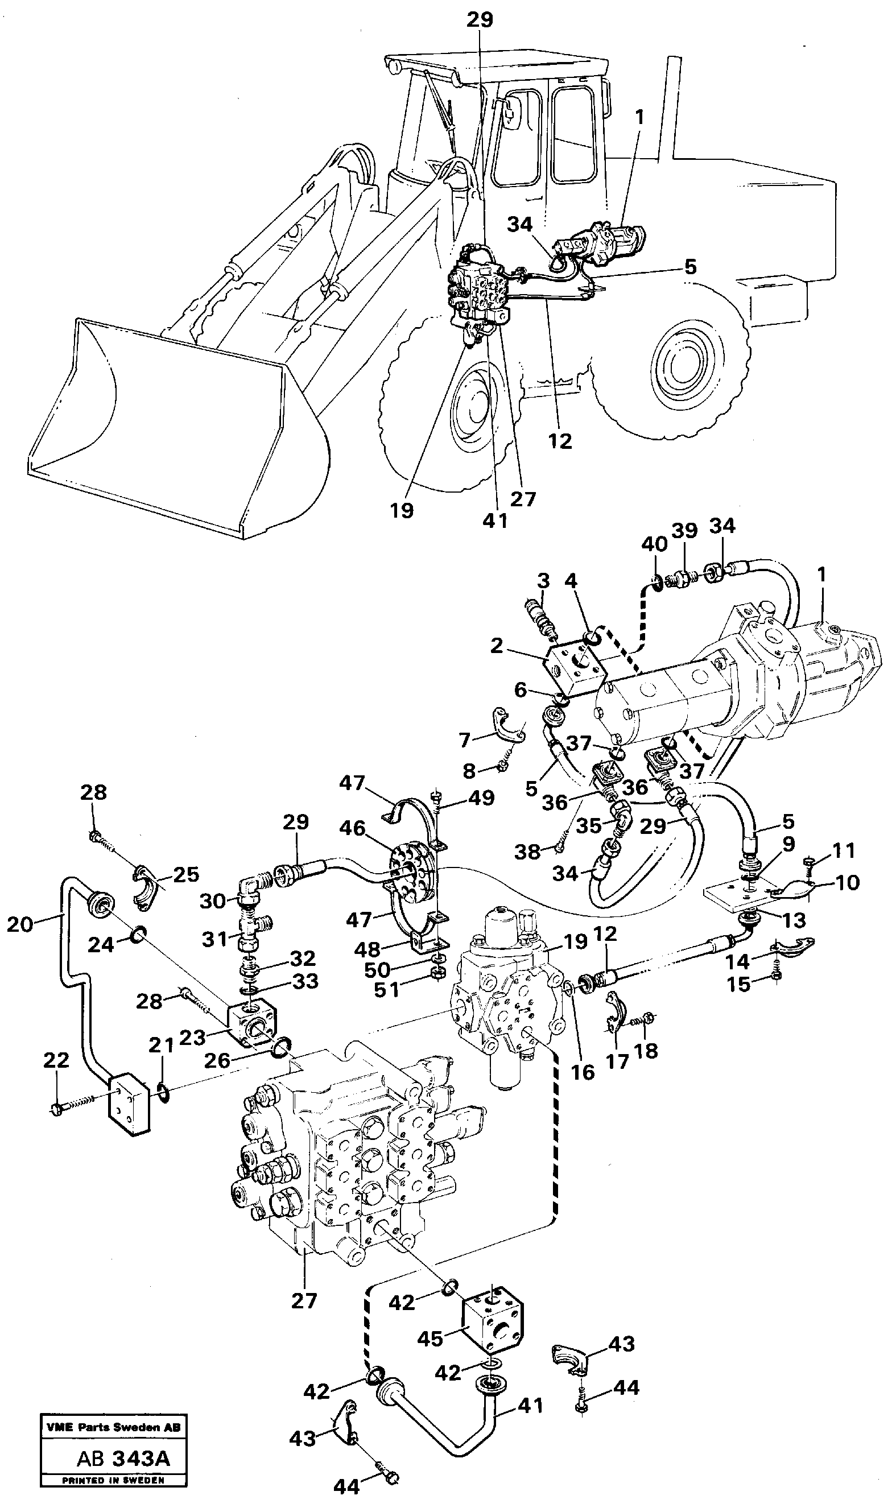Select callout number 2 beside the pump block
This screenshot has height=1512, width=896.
point(496,645)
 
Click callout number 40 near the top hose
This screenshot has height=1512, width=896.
point(654,544)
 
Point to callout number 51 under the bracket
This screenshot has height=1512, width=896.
point(387,990)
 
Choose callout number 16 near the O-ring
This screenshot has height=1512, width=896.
point(583,1071)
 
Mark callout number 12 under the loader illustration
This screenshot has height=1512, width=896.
point(560,441)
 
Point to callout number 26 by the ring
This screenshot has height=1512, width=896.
point(216,1060)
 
